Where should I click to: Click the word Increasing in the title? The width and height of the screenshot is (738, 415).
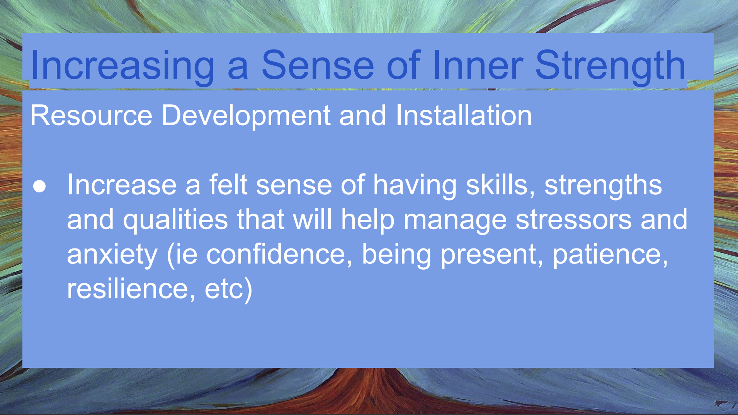122,65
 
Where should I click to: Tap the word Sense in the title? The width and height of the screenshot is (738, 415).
318,65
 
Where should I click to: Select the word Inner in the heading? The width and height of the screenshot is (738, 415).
478,65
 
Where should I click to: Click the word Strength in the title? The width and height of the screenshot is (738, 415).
610,65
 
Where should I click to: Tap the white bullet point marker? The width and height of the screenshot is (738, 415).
39,186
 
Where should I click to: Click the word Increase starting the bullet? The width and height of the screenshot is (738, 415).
122,185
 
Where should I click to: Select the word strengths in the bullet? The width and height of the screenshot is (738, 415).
603,185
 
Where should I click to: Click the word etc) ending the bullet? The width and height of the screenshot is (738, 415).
228,289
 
